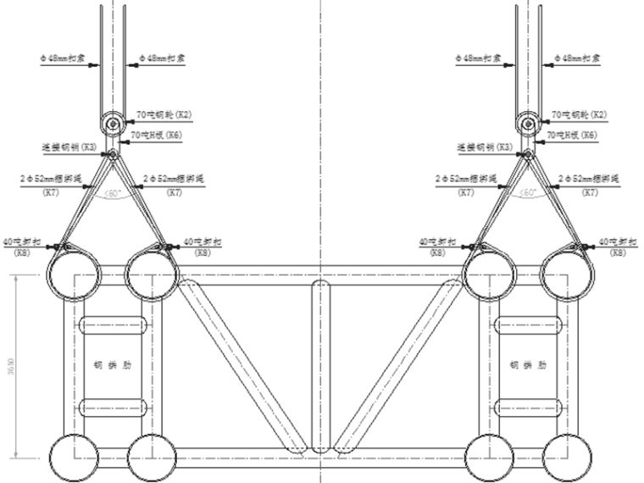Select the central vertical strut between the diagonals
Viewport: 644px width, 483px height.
point(319,364)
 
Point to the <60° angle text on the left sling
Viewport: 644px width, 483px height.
point(113,193)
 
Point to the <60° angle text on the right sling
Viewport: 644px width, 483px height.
point(528,193)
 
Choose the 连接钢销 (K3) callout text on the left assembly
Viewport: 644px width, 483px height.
point(69,147)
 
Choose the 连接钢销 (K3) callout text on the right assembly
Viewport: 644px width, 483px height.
point(484,147)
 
